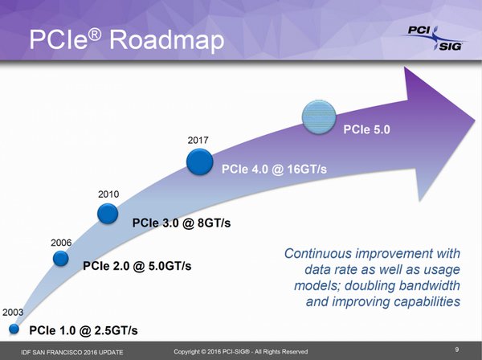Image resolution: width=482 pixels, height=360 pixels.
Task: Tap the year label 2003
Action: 13,311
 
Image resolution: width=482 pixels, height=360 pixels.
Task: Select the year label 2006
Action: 62,241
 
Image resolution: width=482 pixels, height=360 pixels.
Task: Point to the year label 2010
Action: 108,194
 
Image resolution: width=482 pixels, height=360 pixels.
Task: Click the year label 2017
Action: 198,141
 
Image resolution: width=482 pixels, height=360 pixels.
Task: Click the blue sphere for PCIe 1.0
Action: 14,329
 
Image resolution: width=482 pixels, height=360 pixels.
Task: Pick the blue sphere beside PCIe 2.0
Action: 62,258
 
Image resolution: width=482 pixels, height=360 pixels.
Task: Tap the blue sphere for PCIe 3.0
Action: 108,213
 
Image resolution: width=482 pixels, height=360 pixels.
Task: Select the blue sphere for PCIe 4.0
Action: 199,162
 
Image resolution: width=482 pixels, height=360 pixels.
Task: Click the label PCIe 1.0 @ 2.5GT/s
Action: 84,330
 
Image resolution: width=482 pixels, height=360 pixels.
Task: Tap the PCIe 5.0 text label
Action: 369,129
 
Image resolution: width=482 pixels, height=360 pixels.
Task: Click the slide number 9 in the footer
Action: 456,350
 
